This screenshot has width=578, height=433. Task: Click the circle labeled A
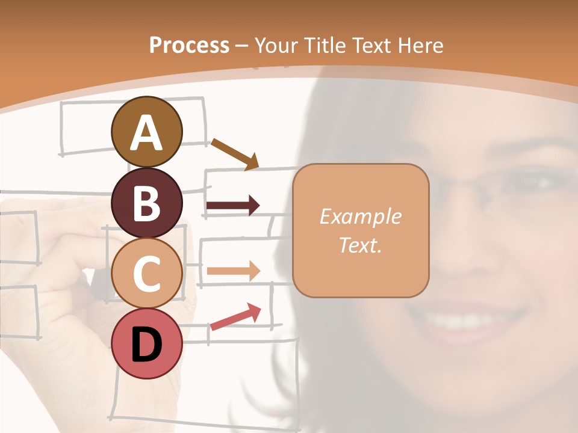click(x=147, y=132)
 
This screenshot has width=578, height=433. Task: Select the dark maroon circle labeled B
click(x=147, y=203)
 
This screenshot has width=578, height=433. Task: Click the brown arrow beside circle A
click(x=234, y=154)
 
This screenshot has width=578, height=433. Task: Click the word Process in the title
click(x=189, y=46)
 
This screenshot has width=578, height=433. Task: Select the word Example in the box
click(x=360, y=216)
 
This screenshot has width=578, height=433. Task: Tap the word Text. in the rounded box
click(x=360, y=245)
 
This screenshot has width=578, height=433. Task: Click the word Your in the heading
click(x=276, y=46)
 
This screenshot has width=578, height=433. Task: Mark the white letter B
click(x=147, y=203)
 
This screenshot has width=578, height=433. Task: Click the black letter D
click(x=147, y=344)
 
